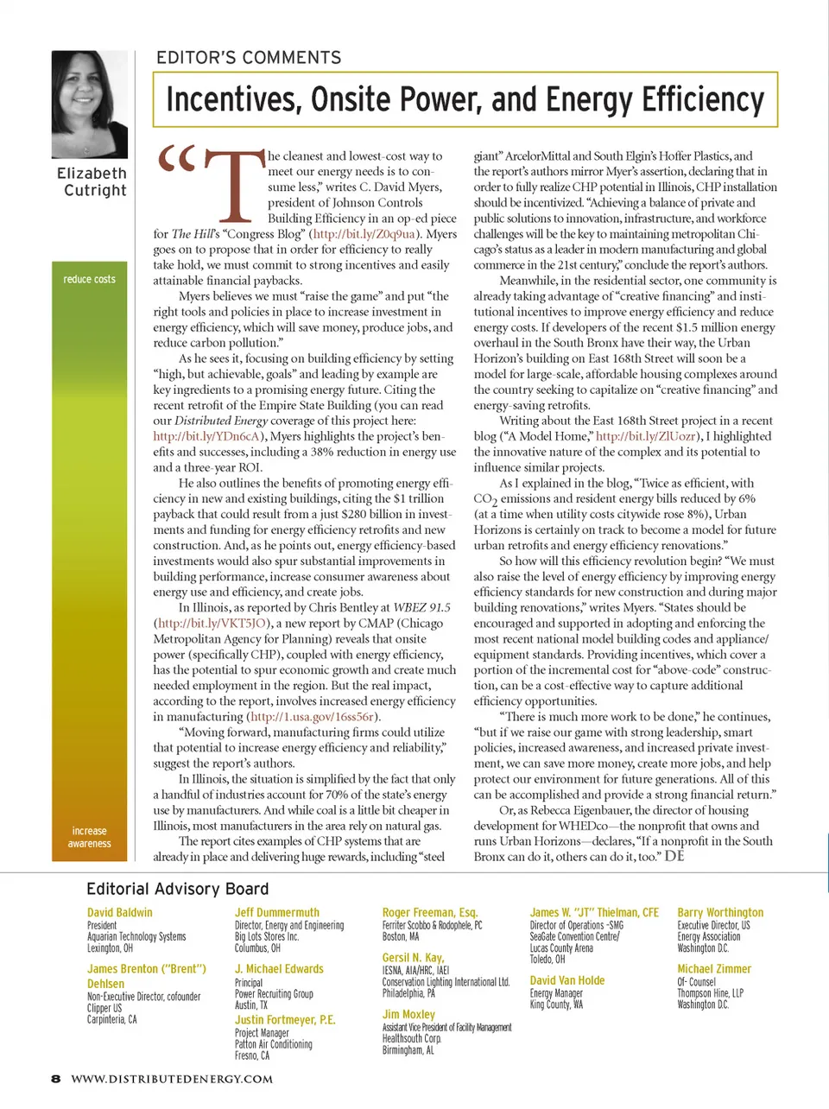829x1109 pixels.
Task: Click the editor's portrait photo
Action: (90, 104)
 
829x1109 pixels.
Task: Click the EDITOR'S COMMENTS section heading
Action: (249, 58)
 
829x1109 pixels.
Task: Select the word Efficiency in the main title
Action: (703, 100)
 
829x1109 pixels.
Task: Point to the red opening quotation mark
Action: (177, 160)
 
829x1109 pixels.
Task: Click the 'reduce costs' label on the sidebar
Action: (89, 279)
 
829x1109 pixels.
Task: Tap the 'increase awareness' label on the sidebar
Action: (89, 837)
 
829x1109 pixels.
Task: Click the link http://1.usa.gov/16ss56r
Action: (313, 717)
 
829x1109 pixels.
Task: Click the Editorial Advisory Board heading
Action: (177, 889)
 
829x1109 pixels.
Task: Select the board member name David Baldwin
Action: (119, 912)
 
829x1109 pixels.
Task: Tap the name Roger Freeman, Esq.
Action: (429, 912)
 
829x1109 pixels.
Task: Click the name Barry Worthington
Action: (720, 912)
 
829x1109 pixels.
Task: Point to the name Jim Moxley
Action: (408, 1014)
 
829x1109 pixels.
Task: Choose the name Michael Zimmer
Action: (714, 969)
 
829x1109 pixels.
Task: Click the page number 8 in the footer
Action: (56, 1079)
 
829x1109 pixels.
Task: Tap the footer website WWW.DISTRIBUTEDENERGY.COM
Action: (172, 1079)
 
